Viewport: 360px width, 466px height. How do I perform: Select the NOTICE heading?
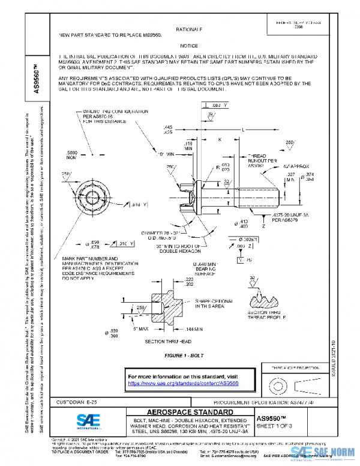tap(188, 46)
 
